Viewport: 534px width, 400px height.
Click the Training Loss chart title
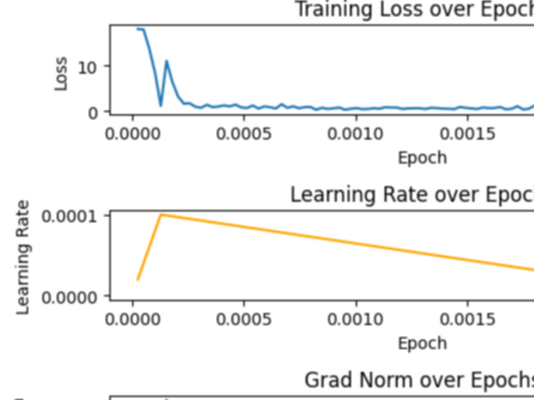coord(414,10)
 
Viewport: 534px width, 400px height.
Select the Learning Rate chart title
coord(411,195)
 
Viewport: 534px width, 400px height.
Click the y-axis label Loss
coord(61,74)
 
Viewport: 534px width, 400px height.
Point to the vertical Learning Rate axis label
coord(23,258)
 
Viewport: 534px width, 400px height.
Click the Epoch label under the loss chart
coord(422,158)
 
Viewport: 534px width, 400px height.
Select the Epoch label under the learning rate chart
coord(422,343)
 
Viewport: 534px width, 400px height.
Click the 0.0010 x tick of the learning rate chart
coord(356,319)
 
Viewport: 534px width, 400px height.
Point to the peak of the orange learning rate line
coord(161,214)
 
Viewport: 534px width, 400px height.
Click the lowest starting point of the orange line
coord(138,279)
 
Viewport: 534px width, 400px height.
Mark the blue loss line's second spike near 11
coord(167,61)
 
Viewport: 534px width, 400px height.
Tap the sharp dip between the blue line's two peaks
coord(161,105)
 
